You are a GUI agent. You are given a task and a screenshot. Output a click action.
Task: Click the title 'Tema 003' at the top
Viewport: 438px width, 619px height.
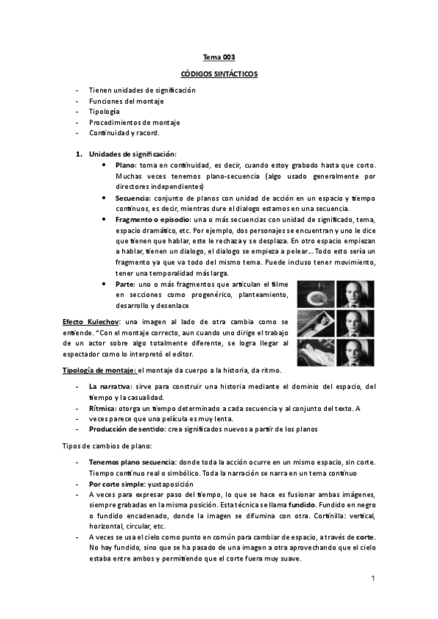click(x=219, y=56)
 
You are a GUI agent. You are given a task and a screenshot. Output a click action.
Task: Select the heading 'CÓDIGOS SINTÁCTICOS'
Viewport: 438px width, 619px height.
click(x=219, y=74)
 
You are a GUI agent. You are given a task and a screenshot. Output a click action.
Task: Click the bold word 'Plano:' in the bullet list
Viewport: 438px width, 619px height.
click(x=126, y=166)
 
